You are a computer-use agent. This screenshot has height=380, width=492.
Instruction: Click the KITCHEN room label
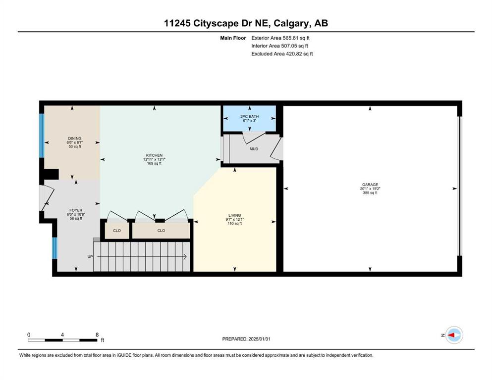154,155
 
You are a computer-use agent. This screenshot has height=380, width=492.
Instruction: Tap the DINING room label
75,139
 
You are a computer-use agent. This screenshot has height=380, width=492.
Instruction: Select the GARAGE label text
370,185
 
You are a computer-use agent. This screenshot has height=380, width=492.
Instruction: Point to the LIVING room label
235,216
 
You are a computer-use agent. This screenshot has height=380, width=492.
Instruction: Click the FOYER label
76,210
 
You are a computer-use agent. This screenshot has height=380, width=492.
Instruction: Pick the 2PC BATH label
249,117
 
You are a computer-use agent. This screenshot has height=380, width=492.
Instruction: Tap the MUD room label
254,149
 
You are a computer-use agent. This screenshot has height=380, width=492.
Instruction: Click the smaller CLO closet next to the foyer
117,231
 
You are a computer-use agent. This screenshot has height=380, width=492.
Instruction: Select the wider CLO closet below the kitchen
162,231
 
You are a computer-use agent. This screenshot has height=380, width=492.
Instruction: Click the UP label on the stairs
90,257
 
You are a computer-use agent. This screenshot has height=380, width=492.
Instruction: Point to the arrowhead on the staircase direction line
185,257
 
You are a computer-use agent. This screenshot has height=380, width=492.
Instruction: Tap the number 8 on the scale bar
97,335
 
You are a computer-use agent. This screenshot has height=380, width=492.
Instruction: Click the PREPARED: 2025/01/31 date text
246,339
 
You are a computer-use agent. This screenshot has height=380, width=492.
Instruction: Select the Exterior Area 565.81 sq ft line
280,38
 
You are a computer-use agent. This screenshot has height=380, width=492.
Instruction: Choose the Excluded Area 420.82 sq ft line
282,53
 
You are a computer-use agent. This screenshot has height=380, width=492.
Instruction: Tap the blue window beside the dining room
42,136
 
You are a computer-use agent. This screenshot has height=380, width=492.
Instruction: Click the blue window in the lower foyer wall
55,248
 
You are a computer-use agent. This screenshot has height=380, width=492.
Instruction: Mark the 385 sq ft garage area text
370,193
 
